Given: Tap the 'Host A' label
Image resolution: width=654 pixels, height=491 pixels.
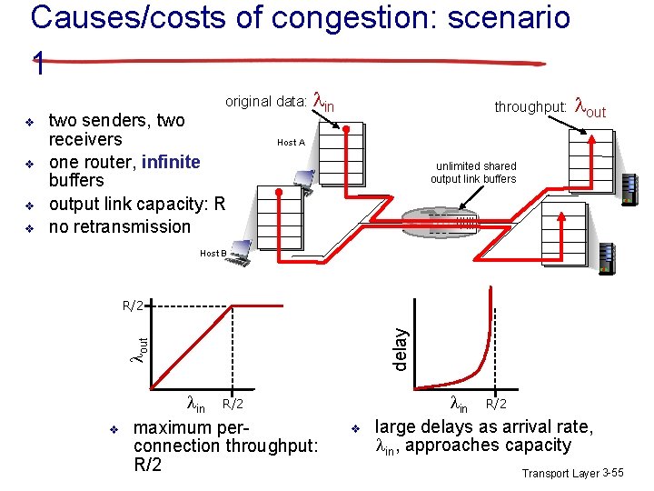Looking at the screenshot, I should (x=291, y=143).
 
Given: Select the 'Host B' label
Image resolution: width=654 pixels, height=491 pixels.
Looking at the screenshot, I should (x=213, y=253).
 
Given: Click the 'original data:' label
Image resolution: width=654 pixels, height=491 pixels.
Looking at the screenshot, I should (x=265, y=101).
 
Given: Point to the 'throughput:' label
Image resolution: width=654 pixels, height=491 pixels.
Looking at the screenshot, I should (x=530, y=107).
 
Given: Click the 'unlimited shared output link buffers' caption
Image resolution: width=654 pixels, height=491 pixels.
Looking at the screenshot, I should (x=475, y=173).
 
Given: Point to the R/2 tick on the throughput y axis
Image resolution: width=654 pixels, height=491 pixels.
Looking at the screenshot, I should (x=134, y=305).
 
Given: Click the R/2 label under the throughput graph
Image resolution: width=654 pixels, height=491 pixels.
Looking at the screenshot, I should (x=233, y=403).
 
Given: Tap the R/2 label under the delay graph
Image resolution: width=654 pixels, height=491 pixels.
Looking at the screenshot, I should (x=497, y=403).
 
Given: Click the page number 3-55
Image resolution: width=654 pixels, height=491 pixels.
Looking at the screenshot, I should (x=612, y=474).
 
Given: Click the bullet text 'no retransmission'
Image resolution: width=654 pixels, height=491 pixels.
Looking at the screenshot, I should (x=120, y=226).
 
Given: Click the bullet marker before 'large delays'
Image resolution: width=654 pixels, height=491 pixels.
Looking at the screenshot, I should (x=357, y=427).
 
